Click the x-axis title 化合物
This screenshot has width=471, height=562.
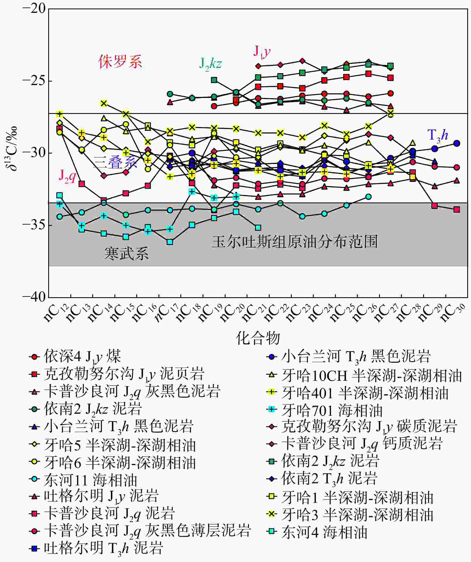(x=258, y=338)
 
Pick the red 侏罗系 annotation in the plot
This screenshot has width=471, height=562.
(x=120, y=62)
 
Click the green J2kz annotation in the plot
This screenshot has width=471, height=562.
(x=210, y=64)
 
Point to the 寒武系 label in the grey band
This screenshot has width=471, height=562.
(x=126, y=253)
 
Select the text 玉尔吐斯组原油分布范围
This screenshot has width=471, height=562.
(x=295, y=242)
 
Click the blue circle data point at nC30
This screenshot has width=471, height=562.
(x=457, y=143)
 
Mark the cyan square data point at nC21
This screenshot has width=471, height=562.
(x=258, y=228)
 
